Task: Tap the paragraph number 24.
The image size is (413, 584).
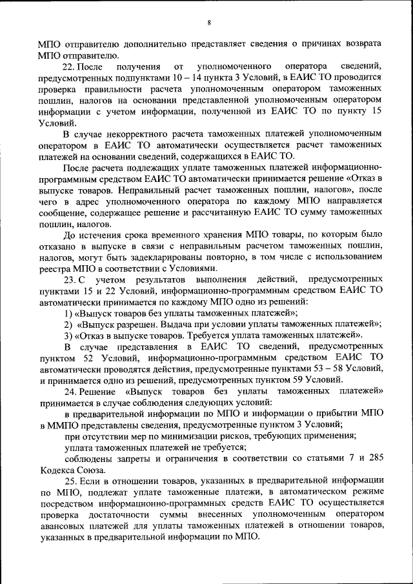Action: pos(70,391)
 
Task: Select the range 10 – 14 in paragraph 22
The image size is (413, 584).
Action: pos(192,77)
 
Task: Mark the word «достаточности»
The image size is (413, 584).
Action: pos(121,514)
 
